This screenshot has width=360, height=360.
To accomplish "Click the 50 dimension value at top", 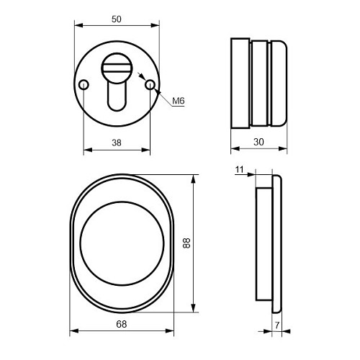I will (117, 17).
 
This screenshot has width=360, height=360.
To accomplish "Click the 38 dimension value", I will (117, 143).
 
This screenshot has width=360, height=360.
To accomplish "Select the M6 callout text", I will (179, 102).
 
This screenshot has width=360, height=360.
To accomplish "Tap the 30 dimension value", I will (258, 143).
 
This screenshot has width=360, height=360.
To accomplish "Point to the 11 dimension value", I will (240, 170).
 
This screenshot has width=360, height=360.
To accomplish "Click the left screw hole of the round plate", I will (84, 86).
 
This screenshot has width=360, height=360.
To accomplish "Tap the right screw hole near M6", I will (150, 86).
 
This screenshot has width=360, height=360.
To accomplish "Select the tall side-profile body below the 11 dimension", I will (264, 244).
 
